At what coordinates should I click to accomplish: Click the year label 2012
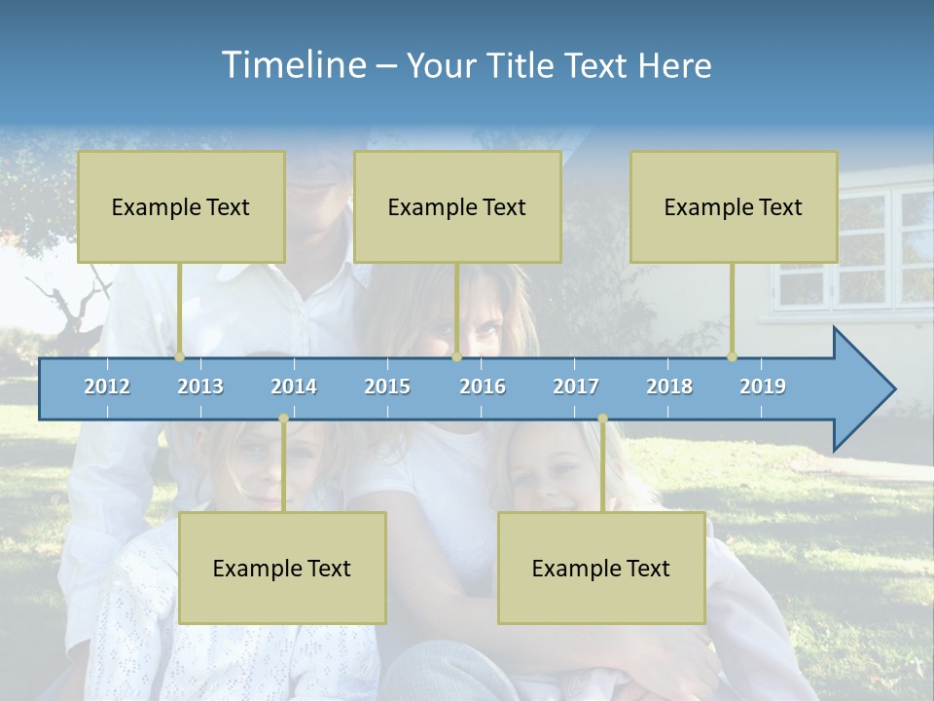coord(107,387)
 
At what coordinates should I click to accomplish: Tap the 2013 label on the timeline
coord(200,387)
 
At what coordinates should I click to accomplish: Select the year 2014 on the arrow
coord(294,387)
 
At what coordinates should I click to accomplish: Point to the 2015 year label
coord(387,387)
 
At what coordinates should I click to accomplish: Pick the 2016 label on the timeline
coord(483,387)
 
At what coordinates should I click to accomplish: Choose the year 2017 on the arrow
coord(576,387)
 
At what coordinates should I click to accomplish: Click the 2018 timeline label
coord(669,387)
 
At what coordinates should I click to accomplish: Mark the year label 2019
coord(763,387)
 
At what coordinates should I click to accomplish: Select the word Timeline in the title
coord(293,65)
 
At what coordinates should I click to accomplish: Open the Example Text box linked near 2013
coord(181,206)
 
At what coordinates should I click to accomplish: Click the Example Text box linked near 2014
coord(282,568)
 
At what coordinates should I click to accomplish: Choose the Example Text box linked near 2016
coord(457,206)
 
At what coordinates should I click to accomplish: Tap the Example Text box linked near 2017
coord(601,568)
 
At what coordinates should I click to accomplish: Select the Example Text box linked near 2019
coord(734,206)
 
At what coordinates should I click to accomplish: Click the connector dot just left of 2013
coord(180,357)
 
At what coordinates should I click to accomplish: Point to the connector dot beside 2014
coord(283,418)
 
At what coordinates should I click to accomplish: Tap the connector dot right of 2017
coord(602,418)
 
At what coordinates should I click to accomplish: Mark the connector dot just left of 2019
coord(733,357)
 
